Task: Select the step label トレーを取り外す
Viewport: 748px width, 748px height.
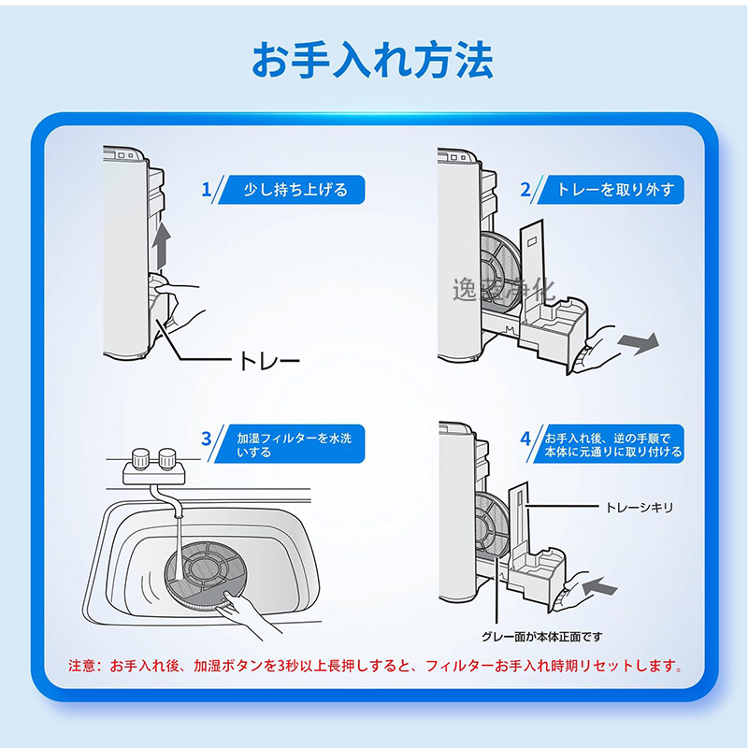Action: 614,190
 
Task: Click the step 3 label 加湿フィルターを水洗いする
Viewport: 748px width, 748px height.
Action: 297,444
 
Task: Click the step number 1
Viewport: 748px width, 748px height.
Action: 207,190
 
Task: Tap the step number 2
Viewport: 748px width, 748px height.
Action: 525,190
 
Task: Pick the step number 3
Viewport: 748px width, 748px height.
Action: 207,438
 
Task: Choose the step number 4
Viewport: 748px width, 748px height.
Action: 525,438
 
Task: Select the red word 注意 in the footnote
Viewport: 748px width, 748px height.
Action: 83,668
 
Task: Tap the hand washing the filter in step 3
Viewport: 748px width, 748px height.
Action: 248,612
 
